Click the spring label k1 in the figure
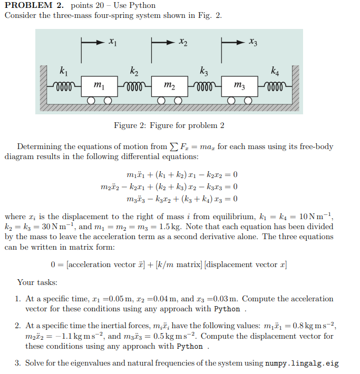pyautogui.click(x=63, y=70)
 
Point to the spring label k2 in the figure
pyautogui.click(x=134, y=70)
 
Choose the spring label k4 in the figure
pyautogui.click(x=275, y=70)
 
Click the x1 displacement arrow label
pyautogui.click(x=112, y=41)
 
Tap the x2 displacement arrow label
pyautogui.click(x=182, y=41)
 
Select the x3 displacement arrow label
pyautogui.click(x=254, y=41)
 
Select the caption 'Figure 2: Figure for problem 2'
pyautogui.click(x=169, y=125)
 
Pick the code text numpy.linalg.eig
pyautogui.click(x=301, y=363)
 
